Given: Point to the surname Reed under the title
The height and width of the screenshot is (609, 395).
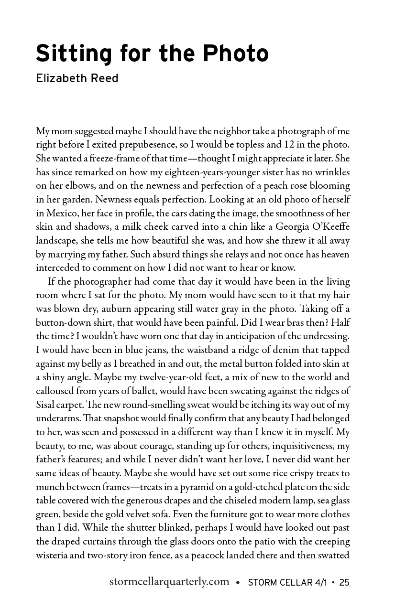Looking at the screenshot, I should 103,78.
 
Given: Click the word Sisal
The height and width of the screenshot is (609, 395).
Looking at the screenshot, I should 47,405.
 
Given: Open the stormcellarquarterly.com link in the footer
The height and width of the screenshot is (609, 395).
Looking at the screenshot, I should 170,582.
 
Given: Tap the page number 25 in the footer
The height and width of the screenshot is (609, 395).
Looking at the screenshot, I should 344,582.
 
